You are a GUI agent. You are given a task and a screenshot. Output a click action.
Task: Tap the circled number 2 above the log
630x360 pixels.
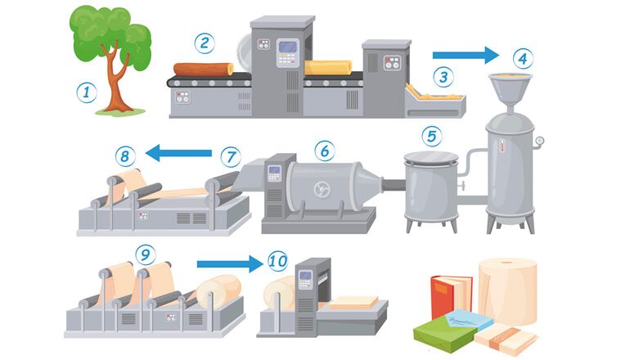click(204, 41)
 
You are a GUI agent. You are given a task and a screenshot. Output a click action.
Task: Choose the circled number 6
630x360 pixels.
click(325, 150)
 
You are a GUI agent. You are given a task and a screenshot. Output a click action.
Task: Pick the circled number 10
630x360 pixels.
click(277, 262)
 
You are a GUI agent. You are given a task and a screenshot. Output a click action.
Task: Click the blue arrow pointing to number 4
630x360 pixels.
click(466, 55)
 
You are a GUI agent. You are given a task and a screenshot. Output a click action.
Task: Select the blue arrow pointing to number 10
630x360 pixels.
click(229, 263)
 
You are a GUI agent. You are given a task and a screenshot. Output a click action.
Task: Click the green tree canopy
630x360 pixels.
click(110, 33)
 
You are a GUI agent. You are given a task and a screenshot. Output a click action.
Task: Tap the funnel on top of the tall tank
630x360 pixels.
click(507, 87)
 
